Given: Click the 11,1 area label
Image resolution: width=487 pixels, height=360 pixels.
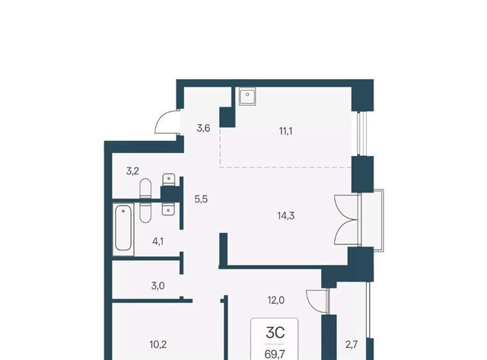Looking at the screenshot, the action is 286,131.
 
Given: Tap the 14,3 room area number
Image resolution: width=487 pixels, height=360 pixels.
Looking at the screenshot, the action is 286,215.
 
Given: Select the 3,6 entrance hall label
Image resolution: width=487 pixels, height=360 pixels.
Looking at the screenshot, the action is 203,128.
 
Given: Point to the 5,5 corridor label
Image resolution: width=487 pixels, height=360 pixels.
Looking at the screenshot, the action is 201,199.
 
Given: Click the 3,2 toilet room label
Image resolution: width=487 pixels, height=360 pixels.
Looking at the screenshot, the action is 132,170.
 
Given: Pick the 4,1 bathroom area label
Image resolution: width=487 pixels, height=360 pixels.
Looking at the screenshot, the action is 158,241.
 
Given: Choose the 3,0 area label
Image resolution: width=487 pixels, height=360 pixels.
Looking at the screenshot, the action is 158,285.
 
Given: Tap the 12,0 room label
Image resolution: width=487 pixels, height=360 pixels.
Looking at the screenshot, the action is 276,301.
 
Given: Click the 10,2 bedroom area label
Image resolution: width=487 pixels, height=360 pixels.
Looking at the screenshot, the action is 158,344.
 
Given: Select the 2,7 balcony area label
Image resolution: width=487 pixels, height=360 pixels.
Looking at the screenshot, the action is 352,345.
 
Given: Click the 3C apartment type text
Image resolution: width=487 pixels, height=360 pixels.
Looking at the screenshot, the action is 275,333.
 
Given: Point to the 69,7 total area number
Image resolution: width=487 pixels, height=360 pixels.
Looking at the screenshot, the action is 275,354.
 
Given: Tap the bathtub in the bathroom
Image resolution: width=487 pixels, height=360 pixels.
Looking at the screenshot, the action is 123,228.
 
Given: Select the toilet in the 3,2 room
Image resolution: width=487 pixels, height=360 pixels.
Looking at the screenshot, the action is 145,188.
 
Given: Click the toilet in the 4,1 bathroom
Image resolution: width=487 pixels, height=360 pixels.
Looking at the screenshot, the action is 145,213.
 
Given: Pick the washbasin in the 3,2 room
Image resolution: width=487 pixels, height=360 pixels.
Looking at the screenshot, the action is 169,180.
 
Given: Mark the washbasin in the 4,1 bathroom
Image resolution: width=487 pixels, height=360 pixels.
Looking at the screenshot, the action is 168,209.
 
